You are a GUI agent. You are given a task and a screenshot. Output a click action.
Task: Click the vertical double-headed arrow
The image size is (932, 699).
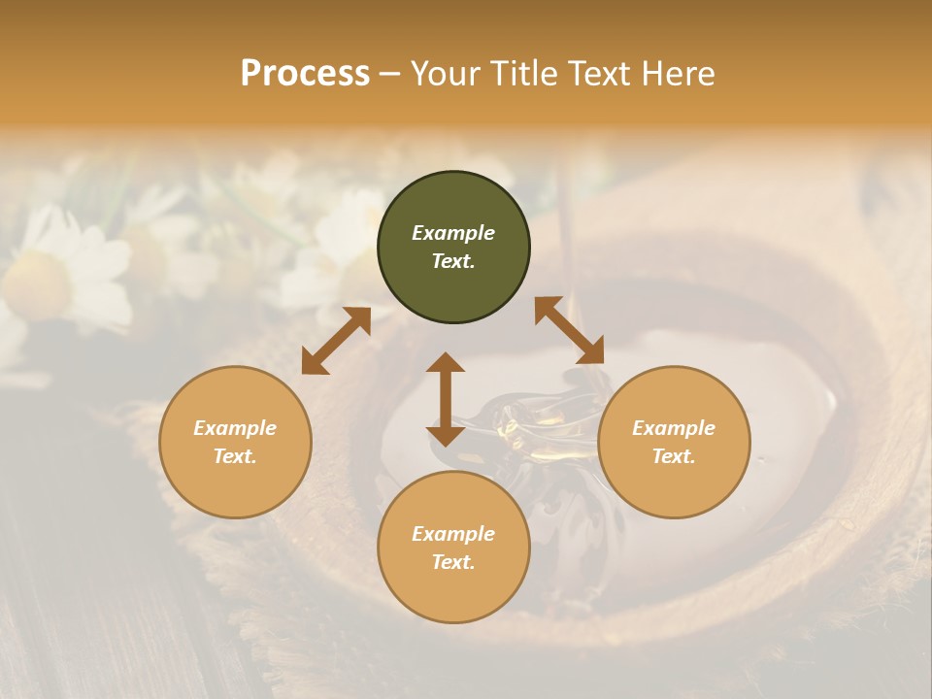[x=446, y=399]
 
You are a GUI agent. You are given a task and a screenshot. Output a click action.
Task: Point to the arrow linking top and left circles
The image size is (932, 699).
[x=336, y=341]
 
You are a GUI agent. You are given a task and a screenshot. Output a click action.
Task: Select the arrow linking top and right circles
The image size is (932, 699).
[x=569, y=331]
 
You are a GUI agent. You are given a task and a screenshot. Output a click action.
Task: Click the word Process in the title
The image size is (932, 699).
[x=305, y=74]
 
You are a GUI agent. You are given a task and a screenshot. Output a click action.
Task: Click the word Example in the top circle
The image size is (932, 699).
[x=453, y=233]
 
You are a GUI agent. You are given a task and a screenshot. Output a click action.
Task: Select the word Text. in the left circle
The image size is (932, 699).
[x=235, y=456]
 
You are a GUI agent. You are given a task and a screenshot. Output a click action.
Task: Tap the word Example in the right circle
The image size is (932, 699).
[x=674, y=428]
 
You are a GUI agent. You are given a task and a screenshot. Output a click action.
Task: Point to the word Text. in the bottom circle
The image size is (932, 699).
[x=453, y=562]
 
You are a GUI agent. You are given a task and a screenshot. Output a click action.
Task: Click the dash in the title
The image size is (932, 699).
[x=390, y=74]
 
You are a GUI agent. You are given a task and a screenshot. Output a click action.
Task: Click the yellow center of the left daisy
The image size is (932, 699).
[x=36, y=284]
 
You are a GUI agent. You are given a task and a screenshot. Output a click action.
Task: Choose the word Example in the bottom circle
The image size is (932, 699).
[x=453, y=534]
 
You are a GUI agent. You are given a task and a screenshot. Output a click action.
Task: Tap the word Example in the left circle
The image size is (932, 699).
[x=235, y=428]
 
